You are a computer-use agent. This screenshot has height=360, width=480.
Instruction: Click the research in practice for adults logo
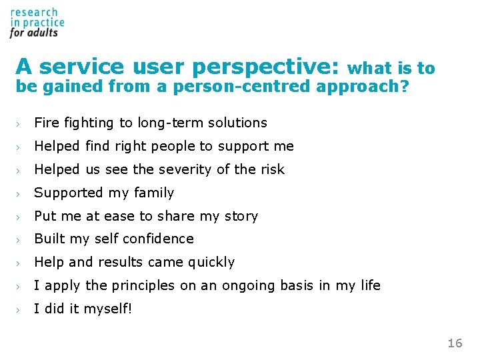pyautogui.click(x=37, y=22)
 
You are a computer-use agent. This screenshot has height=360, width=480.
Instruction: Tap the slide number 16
pyautogui.click(x=455, y=343)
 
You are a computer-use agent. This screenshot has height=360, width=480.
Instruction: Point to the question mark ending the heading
pyautogui.click(x=404, y=87)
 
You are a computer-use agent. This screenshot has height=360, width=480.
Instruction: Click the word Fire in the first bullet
pyautogui.click(x=45, y=123)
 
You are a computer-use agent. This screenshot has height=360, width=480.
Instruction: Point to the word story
pyautogui.click(x=242, y=216)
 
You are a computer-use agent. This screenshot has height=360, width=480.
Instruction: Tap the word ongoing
pyautogui.click(x=277, y=286)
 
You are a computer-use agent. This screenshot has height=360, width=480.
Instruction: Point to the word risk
pyautogui.click(x=272, y=169)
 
